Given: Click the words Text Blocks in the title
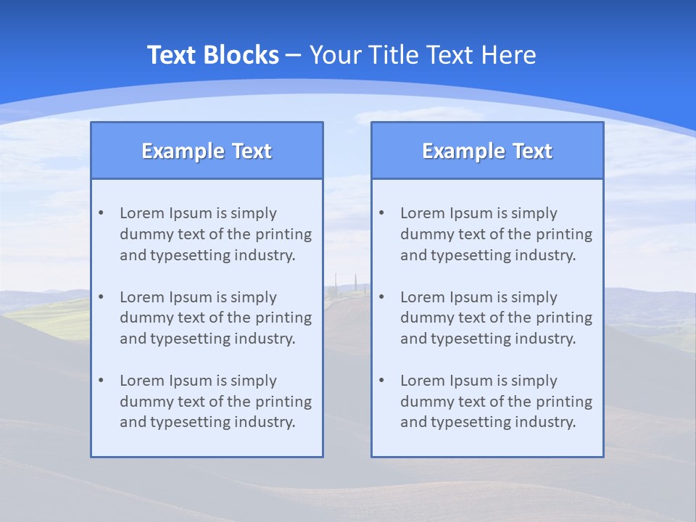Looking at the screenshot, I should pos(212,55).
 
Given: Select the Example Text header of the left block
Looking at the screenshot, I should pos(207,151).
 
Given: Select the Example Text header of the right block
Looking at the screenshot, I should pos(487,151).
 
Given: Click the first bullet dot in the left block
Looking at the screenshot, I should pos(101,213).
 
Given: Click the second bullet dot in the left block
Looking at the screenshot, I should pos(101,297).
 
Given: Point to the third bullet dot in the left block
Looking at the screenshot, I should pos(101,381).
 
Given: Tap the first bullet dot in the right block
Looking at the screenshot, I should pos(381,213).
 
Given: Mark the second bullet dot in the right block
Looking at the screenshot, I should pos(381,297).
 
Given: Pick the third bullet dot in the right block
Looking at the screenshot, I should pos(381,381).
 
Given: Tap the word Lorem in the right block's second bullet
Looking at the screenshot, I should pos(421,297).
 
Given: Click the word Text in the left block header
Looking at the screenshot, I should pos(251,151).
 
